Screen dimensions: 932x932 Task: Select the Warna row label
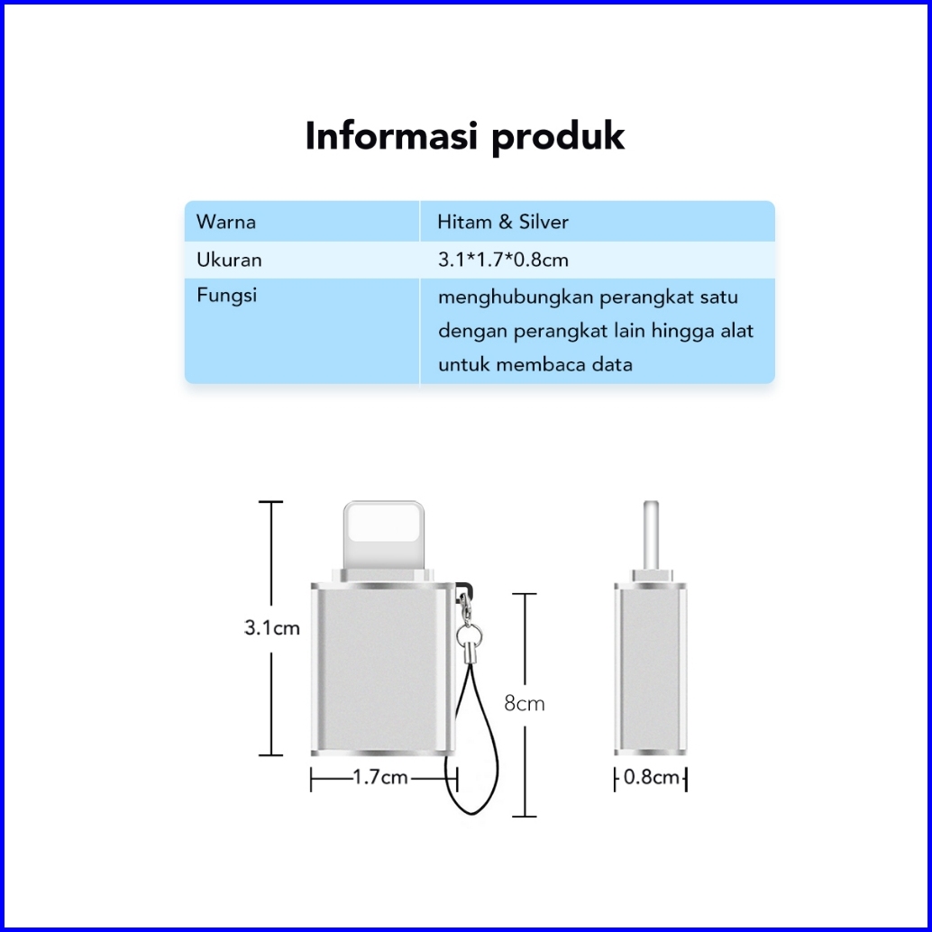tap(225, 222)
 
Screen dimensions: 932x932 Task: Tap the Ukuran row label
tap(229, 260)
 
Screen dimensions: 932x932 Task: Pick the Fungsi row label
tap(226, 295)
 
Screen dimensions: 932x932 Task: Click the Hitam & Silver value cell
tap(502, 222)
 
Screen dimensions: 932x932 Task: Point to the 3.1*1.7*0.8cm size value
tap(502, 260)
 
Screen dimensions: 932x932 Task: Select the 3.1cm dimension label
tap(271, 627)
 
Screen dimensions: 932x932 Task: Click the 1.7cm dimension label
tap(380, 777)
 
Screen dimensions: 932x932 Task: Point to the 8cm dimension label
tap(524, 703)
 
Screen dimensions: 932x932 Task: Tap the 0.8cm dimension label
tap(651, 777)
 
